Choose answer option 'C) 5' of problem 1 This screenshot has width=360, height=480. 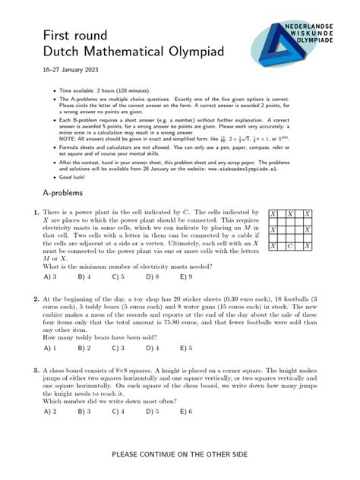point(118,277)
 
